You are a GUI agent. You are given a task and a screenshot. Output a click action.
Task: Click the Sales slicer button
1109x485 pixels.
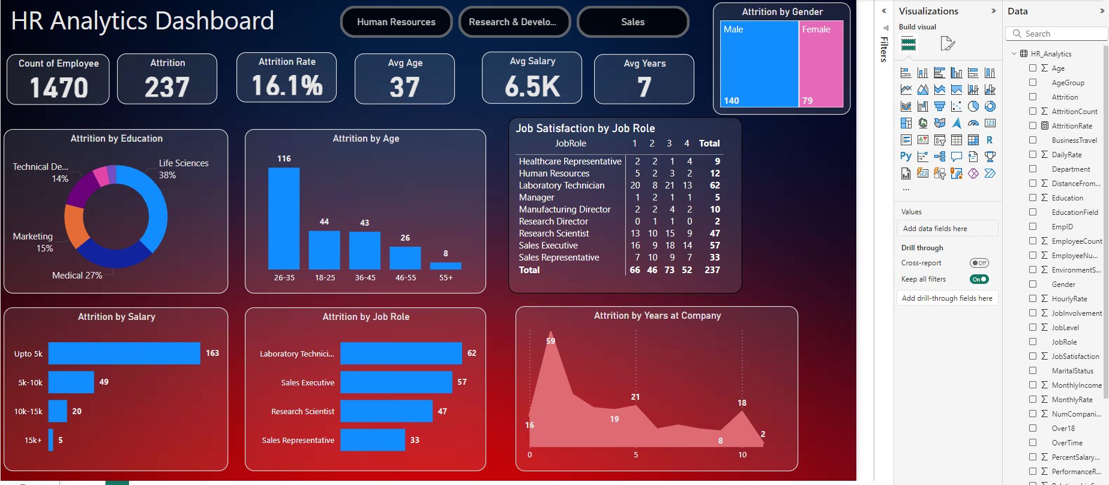[x=633, y=22]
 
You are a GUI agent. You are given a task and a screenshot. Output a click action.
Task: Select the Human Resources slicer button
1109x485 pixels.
[x=396, y=22]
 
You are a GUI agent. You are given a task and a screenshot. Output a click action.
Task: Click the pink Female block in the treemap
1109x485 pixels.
[x=821, y=64]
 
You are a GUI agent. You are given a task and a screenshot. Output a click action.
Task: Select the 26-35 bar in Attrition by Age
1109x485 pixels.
[x=284, y=218]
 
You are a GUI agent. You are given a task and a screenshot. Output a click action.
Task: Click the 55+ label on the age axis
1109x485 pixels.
[x=446, y=278]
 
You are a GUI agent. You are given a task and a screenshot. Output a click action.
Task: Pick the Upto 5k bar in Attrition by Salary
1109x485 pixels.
[x=124, y=354]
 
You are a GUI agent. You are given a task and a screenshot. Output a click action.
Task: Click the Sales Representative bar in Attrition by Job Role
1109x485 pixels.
[x=373, y=440]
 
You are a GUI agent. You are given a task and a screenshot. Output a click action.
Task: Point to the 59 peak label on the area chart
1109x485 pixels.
[x=551, y=341]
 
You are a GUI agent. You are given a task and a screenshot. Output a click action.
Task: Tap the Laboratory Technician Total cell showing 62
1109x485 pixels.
[x=715, y=185]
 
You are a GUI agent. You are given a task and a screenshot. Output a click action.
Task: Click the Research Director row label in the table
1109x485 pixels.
[x=553, y=221]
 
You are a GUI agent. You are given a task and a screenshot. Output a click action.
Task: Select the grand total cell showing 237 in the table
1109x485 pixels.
[x=712, y=270]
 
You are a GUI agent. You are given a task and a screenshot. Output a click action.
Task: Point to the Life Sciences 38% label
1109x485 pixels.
[x=184, y=169]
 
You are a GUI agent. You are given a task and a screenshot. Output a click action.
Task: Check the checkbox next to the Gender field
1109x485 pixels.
[x=1033, y=284]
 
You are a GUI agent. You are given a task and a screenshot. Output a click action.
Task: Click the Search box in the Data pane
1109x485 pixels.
[x=1056, y=34]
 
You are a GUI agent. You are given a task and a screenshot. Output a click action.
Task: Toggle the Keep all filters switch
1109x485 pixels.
[x=979, y=279]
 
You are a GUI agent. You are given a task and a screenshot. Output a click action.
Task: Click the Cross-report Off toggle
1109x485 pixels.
[x=979, y=263]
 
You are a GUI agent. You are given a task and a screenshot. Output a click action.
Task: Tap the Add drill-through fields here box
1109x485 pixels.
[x=947, y=298]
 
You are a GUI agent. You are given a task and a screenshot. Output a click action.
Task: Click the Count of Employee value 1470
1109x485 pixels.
[x=59, y=88]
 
